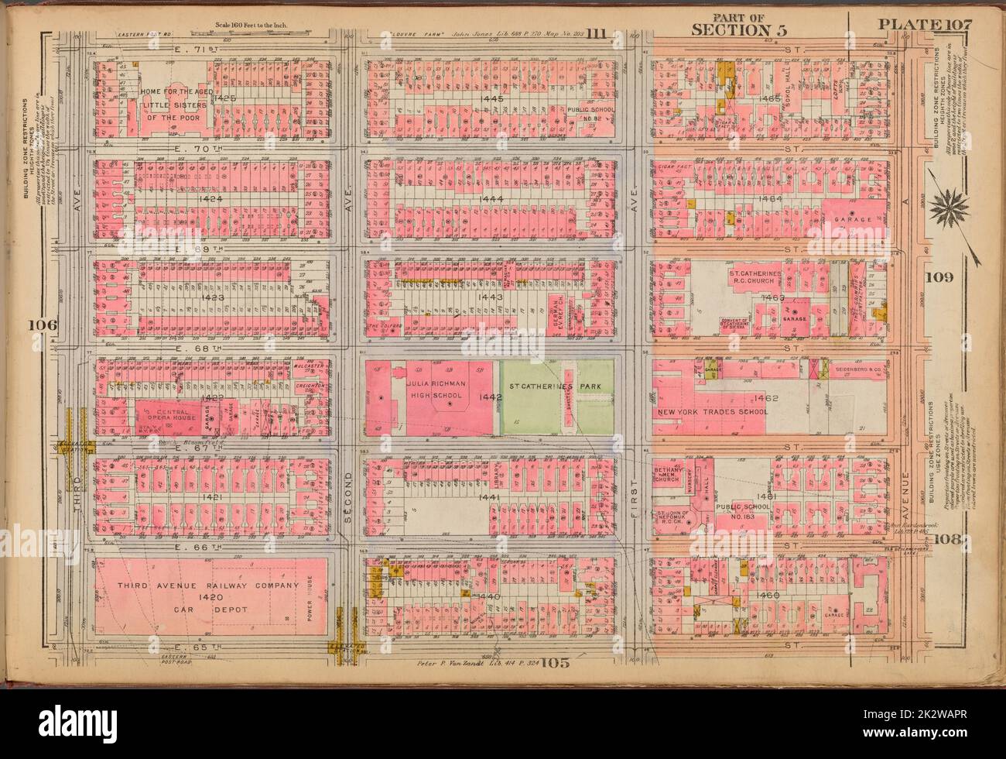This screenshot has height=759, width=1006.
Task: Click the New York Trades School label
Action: click(x=712, y=412)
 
